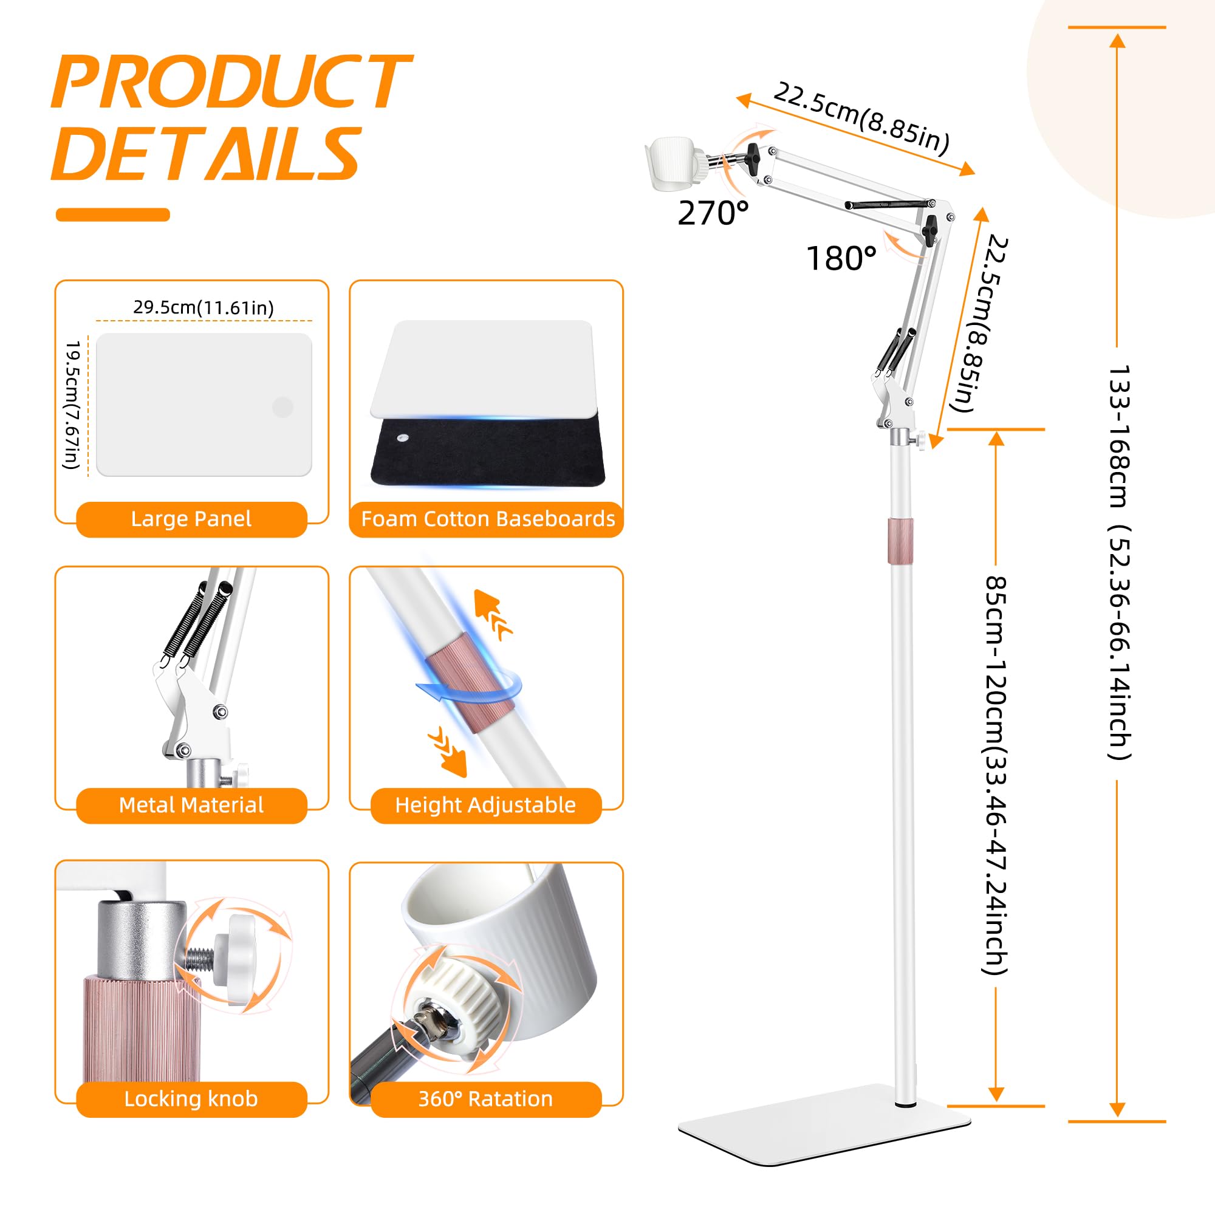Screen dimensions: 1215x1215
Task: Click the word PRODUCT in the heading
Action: click(231, 81)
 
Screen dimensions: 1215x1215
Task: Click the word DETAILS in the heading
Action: click(207, 153)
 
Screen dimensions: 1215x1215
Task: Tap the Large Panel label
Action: click(191, 519)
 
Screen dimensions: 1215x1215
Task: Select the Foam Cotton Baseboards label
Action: click(488, 519)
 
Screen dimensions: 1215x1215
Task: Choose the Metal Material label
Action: click(191, 805)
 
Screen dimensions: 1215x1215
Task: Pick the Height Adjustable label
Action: click(485, 805)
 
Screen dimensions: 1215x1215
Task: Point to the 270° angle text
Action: click(713, 214)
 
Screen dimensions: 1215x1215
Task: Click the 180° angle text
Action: click(841, 258)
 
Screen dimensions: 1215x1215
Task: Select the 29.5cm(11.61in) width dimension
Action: click(204, 307)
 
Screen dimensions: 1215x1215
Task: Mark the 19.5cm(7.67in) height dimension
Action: click(73, 405)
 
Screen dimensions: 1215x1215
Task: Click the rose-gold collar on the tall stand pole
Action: click(900, 541)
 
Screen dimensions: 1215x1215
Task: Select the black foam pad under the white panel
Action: click(488, 451)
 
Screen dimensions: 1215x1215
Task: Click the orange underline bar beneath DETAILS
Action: click(113, 214)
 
